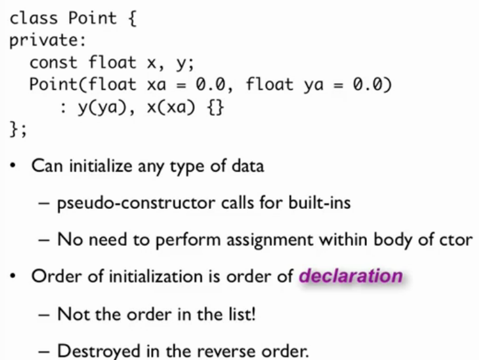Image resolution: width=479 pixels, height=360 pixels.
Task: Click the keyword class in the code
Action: click(x=33, y=18)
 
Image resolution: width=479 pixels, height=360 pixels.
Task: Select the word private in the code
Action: click(x=44, y=40)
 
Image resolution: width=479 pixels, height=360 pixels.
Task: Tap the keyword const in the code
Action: click(x=53, y=62)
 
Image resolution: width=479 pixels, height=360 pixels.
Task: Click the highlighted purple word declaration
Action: click(x=350, y=276)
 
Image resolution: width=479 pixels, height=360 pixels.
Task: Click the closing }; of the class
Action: click(x=18, y=129)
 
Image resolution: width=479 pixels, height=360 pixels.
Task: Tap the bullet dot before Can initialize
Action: click(x=13, y=166)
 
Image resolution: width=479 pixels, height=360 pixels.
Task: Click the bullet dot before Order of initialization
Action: click(x=13, y=277)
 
